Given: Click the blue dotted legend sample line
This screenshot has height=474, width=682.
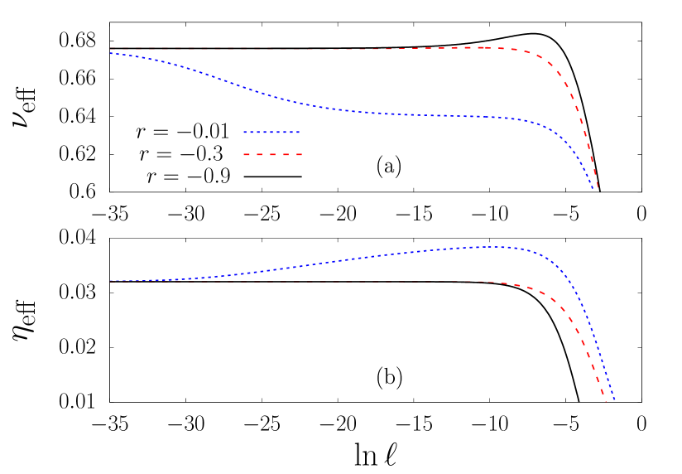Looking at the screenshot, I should [x=271, y=132].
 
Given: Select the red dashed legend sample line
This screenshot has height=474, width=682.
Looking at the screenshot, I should [x=271, y=154].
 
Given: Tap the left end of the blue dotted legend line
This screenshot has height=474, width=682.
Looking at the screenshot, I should [x=244, y=132].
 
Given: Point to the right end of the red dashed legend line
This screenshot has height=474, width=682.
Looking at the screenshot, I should [x=301, y=154].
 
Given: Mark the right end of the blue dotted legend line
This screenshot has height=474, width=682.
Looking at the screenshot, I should [x=299, y=132].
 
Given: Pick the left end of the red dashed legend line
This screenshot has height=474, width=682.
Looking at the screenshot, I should [x=244, y=154].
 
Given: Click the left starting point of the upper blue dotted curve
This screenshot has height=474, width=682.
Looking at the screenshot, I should [x=110, y=53].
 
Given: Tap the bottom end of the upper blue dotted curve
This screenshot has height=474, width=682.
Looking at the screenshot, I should [x=593, y=189].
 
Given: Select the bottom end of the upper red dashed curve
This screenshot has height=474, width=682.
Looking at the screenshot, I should [x=598, y=190].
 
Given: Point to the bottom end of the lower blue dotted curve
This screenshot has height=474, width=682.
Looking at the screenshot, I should [x=614, y=400].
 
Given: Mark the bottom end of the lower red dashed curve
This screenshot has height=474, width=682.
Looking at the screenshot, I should [x=606, y=401].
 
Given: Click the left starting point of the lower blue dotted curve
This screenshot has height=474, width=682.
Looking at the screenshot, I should [x=110, y=281].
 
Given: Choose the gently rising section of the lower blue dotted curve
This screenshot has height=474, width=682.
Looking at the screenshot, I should [x=331, y=263].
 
